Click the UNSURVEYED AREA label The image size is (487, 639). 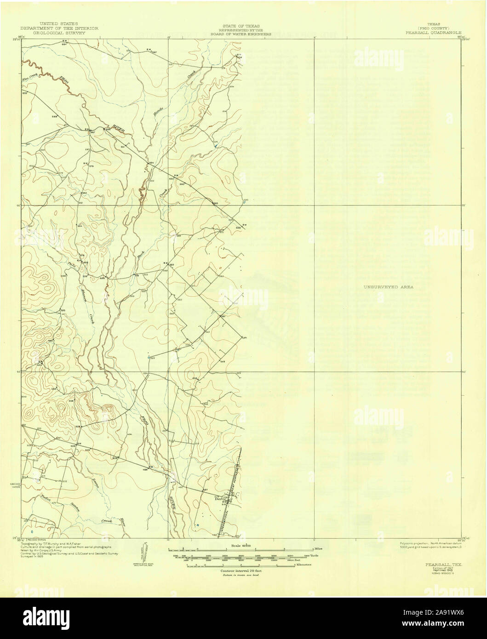pyautogui.click(x=389, y=287)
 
